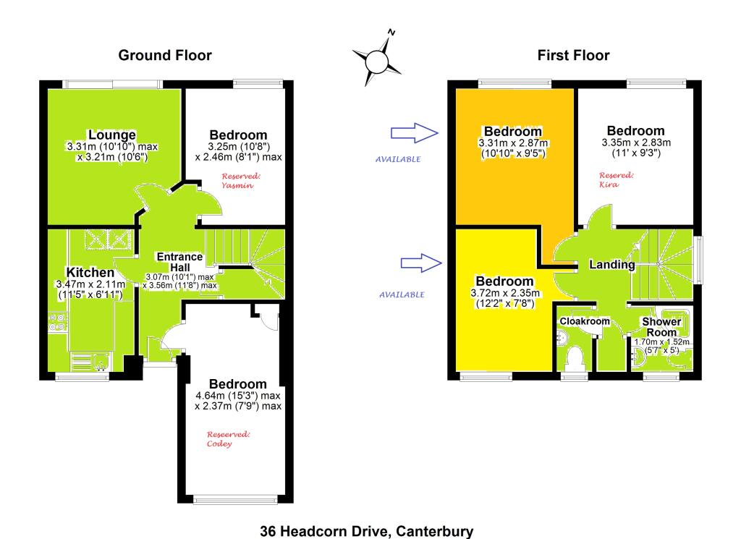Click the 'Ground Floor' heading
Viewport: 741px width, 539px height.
coord(165,56)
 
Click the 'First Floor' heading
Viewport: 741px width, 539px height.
coord(573,56)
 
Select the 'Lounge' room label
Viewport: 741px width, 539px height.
coord(111,135)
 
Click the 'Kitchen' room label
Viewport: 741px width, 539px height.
coord(90,273)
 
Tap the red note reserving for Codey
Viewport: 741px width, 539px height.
coord(229,439)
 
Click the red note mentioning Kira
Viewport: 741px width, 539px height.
coord(617,179)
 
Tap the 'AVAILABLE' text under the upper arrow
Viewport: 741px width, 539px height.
coord(398,159)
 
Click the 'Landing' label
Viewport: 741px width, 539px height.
coord(611,266)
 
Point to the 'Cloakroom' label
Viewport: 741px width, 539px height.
coord(585,321)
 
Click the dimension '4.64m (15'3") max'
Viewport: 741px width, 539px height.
coord(238,396)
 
